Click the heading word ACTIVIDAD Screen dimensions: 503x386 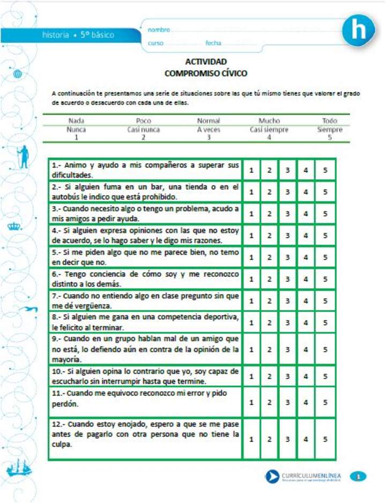[x=206, y=62]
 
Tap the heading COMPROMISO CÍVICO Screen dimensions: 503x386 [x=206, y=74]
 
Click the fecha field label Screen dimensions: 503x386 [x=213, y=43]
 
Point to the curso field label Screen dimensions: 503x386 [x=156, y=43]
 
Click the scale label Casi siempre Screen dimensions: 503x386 [x=269, y=130]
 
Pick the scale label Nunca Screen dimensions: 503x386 [x=76, y=130]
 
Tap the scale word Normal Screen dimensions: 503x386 [x=208, y=121]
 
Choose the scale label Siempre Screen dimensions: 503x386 [x=329, y=130]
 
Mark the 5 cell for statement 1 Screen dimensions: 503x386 [x=325, y=170]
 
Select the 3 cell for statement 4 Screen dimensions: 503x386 [x=287, y=235]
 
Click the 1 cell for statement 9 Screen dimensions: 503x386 [x=251, y=349]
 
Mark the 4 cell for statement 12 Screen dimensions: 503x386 [x=306, y=439]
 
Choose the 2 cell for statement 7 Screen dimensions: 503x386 [x=269, y=301]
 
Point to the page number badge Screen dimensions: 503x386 [x=358, y=476]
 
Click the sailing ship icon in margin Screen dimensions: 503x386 [x=19, y=470]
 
